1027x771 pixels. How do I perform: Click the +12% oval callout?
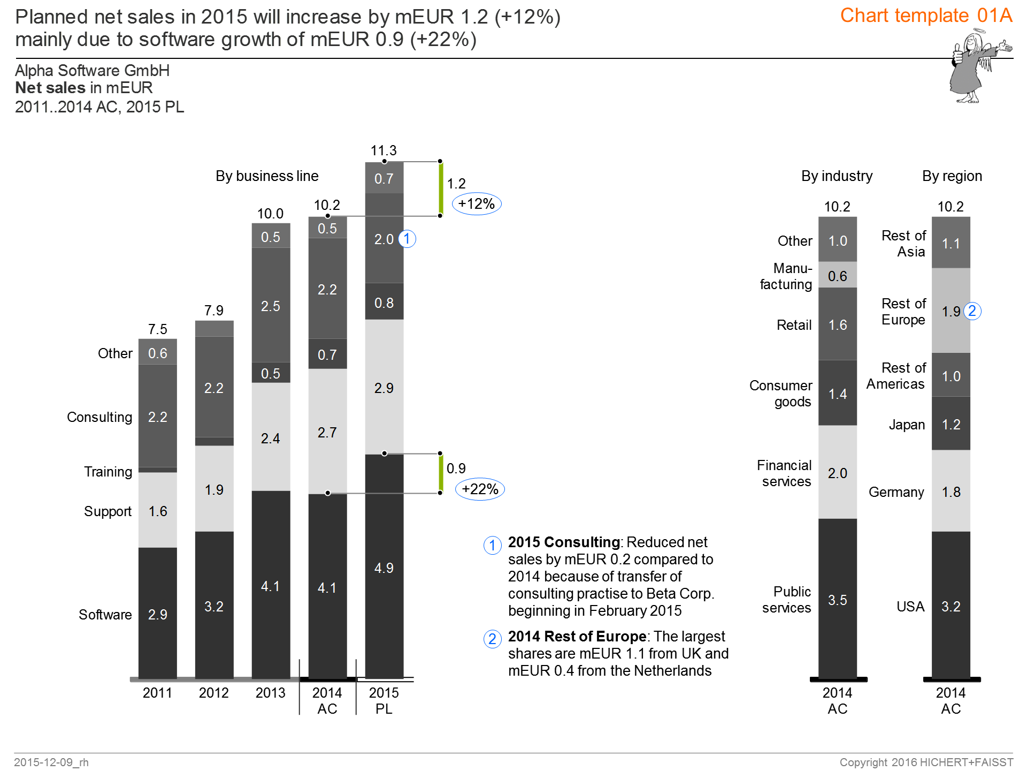(x=477, y=204)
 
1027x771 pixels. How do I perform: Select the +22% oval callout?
(x=480, y=489)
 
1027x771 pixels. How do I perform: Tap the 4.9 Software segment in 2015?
(x=384, y=568)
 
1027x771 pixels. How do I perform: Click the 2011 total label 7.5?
(x=157, y=329)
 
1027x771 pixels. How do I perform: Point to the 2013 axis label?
(x=270, y=693)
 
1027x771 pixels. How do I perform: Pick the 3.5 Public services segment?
(x=837, y=600)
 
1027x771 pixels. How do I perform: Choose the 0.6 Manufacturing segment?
(x=837, y=276)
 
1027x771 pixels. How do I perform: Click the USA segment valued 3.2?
(x=951, y=606)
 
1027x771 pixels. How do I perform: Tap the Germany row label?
(x=896, y=492)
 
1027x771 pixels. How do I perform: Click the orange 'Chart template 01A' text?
(x=926, y=16)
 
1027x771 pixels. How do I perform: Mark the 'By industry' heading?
(x=837, y=176)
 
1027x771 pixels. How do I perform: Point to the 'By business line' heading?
(x=267, y=176)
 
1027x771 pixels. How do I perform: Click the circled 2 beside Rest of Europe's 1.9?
(x=972, y=311)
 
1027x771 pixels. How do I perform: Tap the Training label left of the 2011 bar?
(x=108, y=472)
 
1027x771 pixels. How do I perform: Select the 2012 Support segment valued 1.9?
(x=214, y=489)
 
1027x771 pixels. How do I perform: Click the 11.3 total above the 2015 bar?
(x=384, y=150)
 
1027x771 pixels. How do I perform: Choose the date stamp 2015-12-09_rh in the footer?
(x=51, y=762)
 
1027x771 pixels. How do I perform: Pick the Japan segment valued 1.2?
(x=951, y=425)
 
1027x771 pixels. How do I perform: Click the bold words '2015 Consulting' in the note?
(x=563, y=542)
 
